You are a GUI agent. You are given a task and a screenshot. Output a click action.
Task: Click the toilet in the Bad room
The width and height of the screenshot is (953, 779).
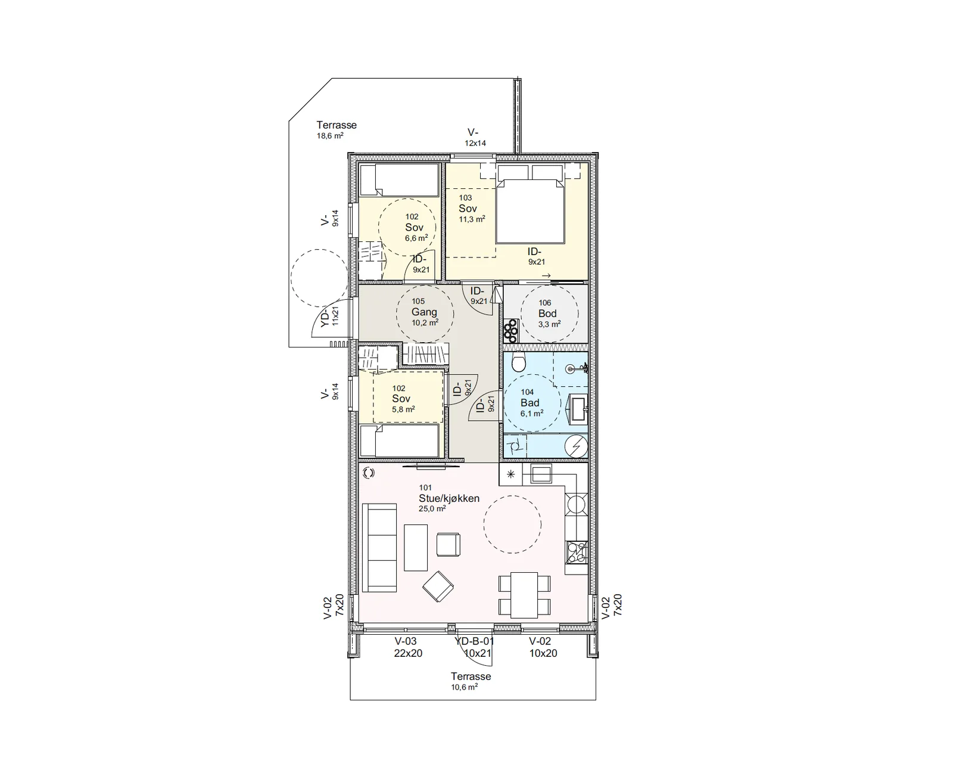point(518,361)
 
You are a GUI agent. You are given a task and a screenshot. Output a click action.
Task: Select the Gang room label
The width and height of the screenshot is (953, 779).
point(424,312)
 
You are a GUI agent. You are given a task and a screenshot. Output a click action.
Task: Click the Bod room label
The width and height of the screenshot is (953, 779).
point(547,314)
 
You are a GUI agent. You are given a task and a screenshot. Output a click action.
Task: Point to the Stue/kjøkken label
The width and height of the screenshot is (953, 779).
point(449,498)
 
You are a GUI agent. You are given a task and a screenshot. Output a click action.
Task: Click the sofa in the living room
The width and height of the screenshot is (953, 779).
point(379,548)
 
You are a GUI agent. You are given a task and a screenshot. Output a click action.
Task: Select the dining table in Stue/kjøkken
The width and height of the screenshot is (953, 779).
point(524,595)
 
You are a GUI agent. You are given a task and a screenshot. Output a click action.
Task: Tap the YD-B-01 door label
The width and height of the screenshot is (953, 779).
point(474,641)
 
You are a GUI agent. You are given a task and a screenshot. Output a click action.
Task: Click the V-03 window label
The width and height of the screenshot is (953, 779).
point(406,641)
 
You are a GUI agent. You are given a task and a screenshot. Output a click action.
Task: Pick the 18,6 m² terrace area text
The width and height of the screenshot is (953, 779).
point(330,136)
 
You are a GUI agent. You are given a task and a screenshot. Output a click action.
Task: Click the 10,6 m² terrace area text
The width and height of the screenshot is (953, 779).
point(464,687)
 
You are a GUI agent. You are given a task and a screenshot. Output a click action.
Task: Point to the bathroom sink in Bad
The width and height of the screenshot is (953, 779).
point(578,409)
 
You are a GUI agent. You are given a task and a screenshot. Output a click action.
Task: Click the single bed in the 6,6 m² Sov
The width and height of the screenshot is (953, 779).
point(399,180)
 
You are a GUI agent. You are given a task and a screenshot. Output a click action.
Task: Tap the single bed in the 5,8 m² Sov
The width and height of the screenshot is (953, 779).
point(399,440)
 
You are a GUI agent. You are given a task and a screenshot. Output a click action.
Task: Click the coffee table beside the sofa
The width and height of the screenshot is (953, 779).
point(415,548)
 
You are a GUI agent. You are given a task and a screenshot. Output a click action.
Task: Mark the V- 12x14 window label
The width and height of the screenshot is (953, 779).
point(475,138)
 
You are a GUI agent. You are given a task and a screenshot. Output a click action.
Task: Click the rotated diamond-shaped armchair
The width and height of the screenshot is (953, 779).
point(438,586)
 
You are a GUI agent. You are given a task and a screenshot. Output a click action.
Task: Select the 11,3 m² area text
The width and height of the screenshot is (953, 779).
point(472,219)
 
